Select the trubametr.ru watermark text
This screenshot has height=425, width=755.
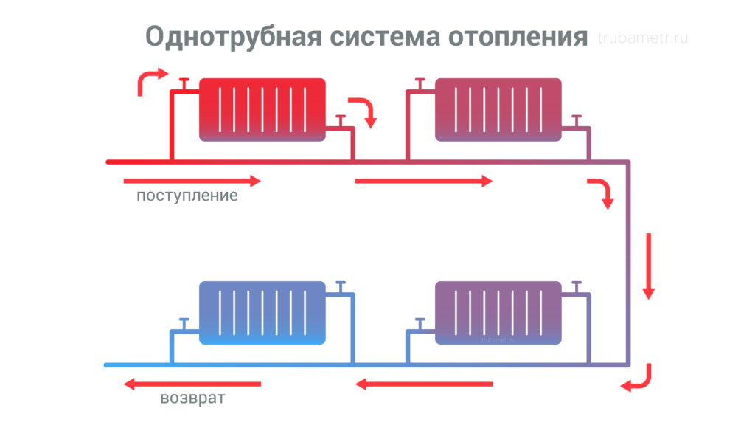tap(643, 38)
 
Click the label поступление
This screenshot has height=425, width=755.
tap(187, 197)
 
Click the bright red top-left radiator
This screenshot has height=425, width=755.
tap(262, 108)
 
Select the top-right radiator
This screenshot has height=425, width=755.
tap(498, 108)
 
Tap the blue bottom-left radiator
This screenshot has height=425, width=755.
tap(262, 312)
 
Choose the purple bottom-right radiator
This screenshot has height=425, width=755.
tap(498, 312)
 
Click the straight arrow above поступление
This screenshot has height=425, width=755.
tap(192, 181)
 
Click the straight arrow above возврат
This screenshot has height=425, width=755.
tap(192, 384)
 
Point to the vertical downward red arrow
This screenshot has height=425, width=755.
tap(649, 266)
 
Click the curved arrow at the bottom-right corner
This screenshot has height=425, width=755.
tap(639, 378)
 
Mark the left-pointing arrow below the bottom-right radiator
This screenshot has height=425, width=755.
tap(424, 384)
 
